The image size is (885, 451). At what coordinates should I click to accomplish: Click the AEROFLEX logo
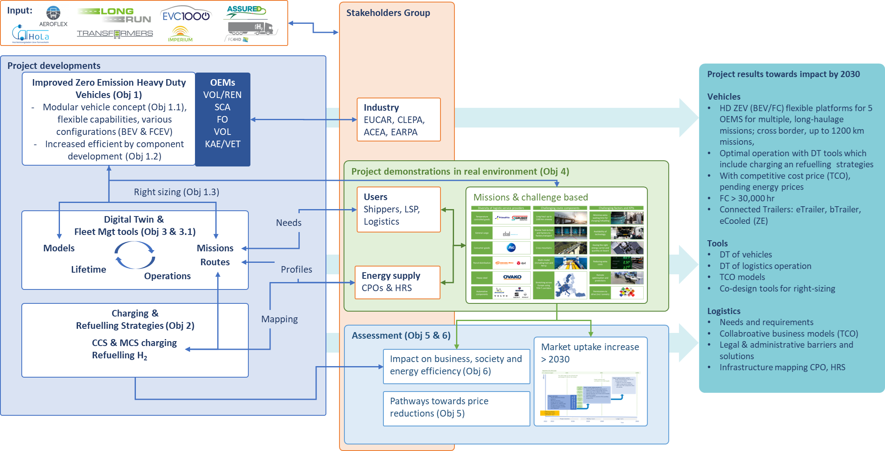(53, 16)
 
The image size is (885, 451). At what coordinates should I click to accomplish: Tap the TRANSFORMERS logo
(115, 34)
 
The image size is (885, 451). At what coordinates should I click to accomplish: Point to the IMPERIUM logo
(180, 34)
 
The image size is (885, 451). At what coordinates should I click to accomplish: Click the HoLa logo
(31, 34)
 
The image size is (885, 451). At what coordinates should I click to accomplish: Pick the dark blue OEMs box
(222, 119)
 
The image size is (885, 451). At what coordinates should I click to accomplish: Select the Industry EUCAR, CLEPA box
(399, 120)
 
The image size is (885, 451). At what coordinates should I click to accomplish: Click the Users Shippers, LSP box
(399, 210)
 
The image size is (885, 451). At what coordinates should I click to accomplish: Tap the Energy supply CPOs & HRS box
(397, 282)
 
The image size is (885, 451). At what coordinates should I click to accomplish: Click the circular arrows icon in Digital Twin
(135, 255)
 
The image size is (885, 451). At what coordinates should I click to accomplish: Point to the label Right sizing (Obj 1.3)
(177, 192)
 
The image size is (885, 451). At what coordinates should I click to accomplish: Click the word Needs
(289, 223)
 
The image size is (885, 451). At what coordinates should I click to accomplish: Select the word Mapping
(280, 319)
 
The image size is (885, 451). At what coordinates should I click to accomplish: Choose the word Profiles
(296, 269)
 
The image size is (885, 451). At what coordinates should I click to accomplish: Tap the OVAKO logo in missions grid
(512, 277)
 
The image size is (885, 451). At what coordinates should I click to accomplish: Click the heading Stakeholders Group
(388, 13)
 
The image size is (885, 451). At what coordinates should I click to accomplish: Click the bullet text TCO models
(742, 277)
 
